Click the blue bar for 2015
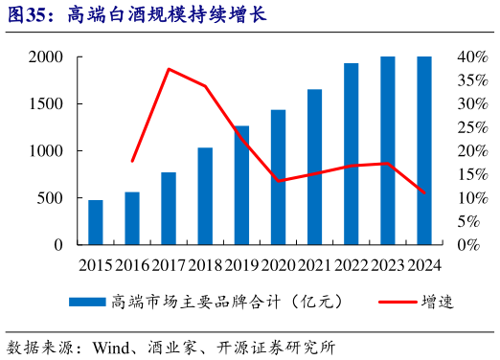coord(96,222)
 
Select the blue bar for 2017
coord(169,208)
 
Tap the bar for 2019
coord(241,185)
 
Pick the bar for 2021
coord(314,167)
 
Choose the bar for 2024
coord(423,150)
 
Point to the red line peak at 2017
coord(169,69)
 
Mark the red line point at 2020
coord(278,181)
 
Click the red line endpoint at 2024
coord(423,192)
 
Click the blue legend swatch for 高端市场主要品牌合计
coord(86,302)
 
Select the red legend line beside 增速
coord(389,302)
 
